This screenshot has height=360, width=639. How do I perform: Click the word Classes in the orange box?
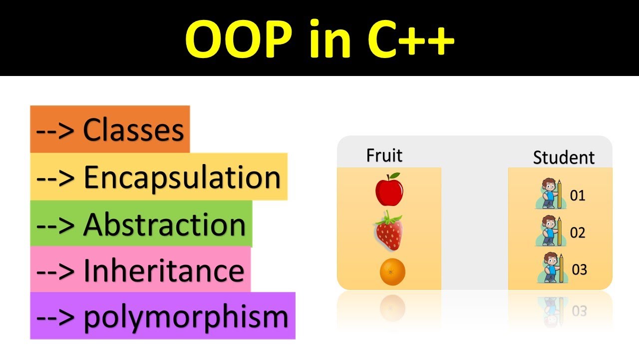click(x=133, y=130)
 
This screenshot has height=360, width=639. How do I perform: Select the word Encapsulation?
click(x=182, y=177)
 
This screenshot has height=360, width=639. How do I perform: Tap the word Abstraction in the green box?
click(x=164, y=224)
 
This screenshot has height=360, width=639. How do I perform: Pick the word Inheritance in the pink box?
click(x=163, y=270)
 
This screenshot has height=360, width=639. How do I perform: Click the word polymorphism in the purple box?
click(x=186, y=316)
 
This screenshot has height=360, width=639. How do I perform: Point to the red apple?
click(x=389, y=190)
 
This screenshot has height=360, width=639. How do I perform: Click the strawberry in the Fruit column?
click(x=389, y=231)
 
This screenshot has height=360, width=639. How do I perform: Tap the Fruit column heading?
click(x=384, y=155)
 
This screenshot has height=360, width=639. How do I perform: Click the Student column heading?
click(x=564, y=157)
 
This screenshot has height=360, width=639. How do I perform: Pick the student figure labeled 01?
click(x=551, y=194)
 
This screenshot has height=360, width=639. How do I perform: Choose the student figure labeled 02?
click(x=551, y=231)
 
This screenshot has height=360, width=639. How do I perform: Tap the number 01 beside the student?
click(x=578, y=195)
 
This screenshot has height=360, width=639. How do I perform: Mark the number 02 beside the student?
click(x=578, y=233)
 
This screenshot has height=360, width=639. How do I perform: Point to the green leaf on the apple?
click(x=395, y=175)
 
